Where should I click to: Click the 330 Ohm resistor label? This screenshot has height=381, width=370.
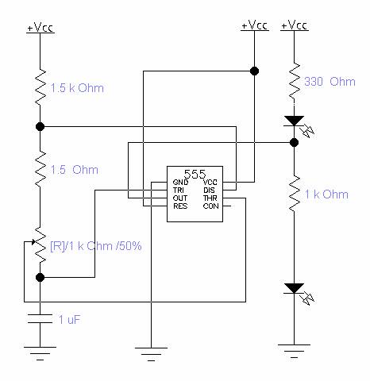[x=330, y=82]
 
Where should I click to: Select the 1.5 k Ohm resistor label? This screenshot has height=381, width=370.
[x=77, y=88]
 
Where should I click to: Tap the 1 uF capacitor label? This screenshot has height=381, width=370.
[x=69, y=319]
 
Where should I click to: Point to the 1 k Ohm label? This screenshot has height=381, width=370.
[x=326, y=194]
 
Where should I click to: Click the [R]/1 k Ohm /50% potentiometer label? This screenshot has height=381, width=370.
[x=96, y=246]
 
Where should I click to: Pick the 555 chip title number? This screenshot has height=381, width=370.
[x=195, y=174]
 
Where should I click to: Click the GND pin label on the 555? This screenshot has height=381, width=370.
[x=180, y=183]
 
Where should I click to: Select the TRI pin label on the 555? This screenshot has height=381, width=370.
[x=179, y=190]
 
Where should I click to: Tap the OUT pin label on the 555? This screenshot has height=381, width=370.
[x=180, y=198]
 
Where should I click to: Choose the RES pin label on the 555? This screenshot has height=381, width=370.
[x=180, y=206]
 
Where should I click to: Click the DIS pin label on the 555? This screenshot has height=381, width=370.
[x=209, y=190]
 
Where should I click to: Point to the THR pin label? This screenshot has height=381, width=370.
[x=210, y=198]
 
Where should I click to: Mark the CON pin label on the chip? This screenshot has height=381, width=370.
[x=211, y=206]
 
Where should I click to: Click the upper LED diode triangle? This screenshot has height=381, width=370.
[x=294, y=121]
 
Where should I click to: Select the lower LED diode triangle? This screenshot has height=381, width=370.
[x=294, y=288]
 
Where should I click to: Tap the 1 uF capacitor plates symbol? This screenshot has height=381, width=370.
[x=40, y=318]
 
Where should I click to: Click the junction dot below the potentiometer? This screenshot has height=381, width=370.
[x=40, y=278]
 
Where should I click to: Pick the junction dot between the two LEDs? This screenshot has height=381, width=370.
[x=294, y=143]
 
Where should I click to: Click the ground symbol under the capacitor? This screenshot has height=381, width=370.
[x=40, y=353]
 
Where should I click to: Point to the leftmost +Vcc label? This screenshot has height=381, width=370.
[x=40, y=27]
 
